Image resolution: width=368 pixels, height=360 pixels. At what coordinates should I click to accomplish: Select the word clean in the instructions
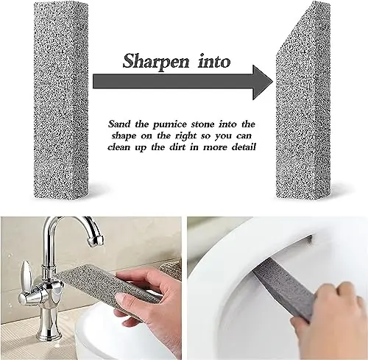pos(126,147)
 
